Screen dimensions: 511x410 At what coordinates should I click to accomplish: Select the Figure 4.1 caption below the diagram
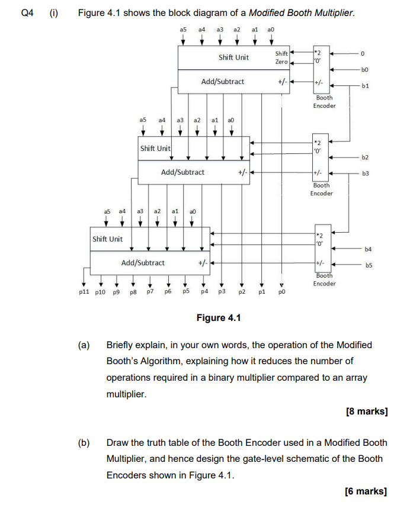point(219,318)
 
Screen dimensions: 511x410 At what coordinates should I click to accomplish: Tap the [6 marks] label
point(366,491)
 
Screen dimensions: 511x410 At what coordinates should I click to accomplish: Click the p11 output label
point(85,293)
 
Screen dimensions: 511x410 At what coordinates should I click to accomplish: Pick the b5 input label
point(368,265)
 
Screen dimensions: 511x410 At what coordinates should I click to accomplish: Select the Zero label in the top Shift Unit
point(281,62)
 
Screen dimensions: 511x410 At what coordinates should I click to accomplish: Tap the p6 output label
point(168,293)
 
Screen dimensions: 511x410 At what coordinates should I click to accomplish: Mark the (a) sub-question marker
point(85,345)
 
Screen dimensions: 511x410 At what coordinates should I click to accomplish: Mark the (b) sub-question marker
point(85,442)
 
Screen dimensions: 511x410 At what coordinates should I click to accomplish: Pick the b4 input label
point(368,249)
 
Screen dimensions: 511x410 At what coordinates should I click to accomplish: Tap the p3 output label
point(222,293)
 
